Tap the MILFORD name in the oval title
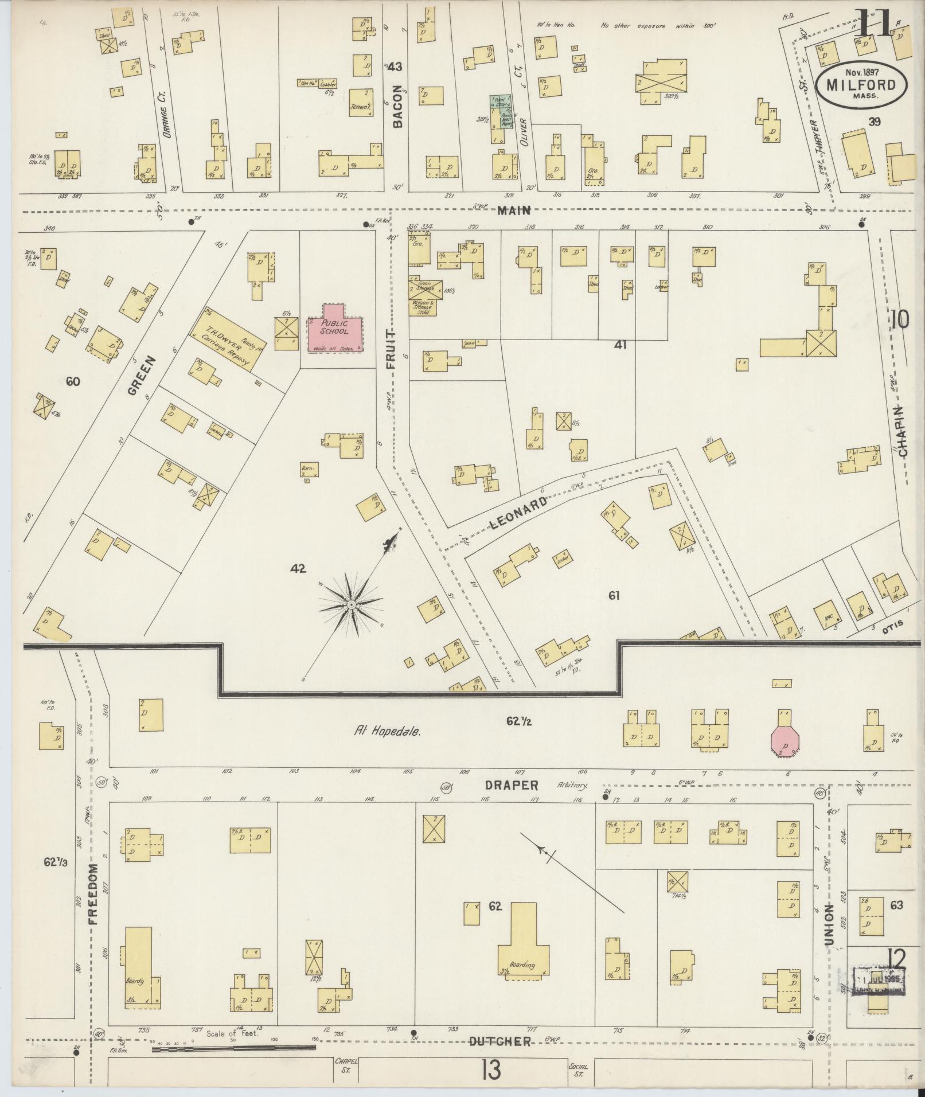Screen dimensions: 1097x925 pyautogui.click(x=862, y=85)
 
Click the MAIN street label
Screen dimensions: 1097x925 pyautogui.click(x=514, y=210)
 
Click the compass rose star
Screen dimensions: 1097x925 pyautogui.click(x=351, y=605)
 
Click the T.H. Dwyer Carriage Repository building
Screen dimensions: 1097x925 pyautogui.click(x=228, y=341)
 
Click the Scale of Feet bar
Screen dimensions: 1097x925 pyautogui.click(x=234, y=1047)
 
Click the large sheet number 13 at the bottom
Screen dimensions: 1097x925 pyautogui.click(x=491, y=1070)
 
